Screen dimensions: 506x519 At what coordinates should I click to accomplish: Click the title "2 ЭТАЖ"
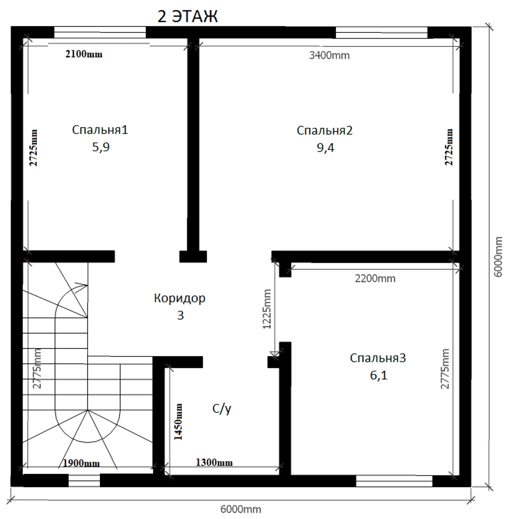[x=188, y=16]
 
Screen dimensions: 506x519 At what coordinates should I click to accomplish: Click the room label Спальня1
[x=100, y=130]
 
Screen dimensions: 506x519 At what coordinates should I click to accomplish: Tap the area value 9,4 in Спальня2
[x=325, y=148]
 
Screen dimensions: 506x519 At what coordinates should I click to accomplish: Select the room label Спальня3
[x=378, y=358]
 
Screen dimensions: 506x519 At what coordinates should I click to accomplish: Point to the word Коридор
[x=180, y=298]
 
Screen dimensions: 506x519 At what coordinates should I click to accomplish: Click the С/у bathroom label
[x=222, y=409]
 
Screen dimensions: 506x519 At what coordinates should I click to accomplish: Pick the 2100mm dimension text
[x=84, y=54]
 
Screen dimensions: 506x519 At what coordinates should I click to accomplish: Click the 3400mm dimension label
[x=329, y=55]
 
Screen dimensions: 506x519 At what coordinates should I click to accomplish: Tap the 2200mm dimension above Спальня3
[x=375, y=278]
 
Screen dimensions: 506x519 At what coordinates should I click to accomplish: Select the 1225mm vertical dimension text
[x=267, y=309]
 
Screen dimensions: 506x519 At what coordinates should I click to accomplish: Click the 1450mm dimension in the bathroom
[x=178, y=422]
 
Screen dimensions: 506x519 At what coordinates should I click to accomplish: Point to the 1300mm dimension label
[x=214, y=463]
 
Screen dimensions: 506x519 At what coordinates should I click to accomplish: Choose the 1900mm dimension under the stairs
[x=81, y=463]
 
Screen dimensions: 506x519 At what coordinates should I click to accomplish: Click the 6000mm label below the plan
[x=241, y=510]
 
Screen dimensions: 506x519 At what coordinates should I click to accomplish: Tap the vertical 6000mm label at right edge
[x=498, y=257]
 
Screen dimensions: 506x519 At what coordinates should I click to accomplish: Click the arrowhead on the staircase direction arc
[x=84, y=286]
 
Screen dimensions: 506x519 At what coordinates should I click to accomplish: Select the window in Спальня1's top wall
[x=100, y=32]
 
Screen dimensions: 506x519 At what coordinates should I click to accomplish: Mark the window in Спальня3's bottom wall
[x=394, y=481]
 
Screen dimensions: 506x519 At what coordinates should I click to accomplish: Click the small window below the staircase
[x=84, y=480]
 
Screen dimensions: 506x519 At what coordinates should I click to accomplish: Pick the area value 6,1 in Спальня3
[x=379, y=375]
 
